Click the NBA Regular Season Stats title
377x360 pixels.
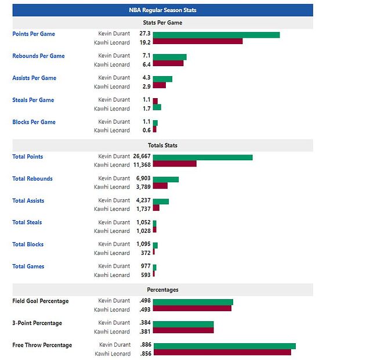point(162,10)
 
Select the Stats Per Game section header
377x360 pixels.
point(162,23)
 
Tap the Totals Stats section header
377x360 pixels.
point(162,145)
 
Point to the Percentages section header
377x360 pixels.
point(162,289)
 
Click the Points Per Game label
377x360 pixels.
point(34,34)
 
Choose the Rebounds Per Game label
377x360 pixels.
point(38,56)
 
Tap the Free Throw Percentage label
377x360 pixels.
point(42,345)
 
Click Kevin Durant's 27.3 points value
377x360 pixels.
point(145,34)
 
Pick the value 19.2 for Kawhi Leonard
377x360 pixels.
point(145,42)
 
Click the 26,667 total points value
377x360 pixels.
point(142,157)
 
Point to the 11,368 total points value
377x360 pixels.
point(142,165)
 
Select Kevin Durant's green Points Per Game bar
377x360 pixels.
point(216,35)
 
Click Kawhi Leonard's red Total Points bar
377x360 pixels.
point(175,164)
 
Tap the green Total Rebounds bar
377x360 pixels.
point(166,179)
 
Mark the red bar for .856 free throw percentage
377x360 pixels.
point(222,352)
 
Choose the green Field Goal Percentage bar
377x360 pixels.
point(193,302)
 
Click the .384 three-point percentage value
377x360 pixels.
point(145,323)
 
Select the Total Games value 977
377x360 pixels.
point(146,267)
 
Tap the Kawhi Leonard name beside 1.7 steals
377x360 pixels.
point(112,109)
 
